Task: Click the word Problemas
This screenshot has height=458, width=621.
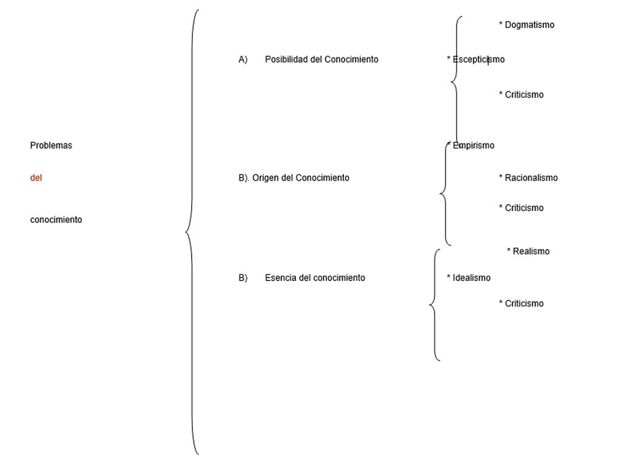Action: point(51,145)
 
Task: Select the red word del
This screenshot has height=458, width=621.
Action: point(36,178)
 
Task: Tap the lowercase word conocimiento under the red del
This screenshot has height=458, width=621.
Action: point(56,220)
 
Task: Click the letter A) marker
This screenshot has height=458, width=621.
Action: point(243,59)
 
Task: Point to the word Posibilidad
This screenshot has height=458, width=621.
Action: point(286,59)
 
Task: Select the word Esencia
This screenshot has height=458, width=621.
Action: point(281,278)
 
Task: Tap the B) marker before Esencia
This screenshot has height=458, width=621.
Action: point(243,278)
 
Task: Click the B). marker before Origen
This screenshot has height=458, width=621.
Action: point(244,178)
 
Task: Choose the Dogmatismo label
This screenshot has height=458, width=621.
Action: point(529,25)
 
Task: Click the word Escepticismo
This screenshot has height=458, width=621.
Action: point(478,59)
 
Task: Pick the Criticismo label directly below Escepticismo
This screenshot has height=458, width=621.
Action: point(524,95)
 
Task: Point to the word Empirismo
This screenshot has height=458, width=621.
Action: point(473,145)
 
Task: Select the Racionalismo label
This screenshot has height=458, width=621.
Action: point(531,178)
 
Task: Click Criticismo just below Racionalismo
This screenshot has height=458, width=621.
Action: point(524,208)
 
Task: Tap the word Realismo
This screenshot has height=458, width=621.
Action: point(531,251)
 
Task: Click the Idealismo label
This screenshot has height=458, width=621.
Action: point(471,278)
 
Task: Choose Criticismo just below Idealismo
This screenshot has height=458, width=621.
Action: point(524,304)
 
